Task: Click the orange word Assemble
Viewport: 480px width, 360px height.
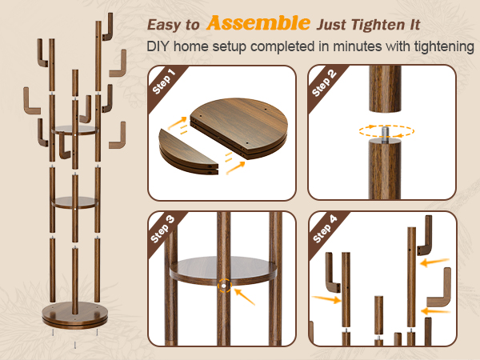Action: [258, 23]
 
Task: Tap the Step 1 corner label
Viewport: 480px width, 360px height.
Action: [164, 82]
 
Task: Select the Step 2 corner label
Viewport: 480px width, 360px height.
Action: [324, 82]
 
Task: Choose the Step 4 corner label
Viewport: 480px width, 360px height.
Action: [325, 229]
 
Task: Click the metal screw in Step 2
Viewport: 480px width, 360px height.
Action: [386, 134]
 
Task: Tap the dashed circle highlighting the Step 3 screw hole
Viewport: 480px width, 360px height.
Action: [224, 286]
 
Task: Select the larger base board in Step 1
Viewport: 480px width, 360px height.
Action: [238, 128]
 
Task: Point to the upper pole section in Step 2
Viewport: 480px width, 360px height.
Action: [385, 89]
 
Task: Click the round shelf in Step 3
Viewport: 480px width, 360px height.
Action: [223, 270]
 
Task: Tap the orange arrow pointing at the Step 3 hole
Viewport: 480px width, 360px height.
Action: [245, 297]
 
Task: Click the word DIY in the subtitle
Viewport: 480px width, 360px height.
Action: [158, 46]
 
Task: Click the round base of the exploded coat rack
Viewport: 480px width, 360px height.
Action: [75, 315]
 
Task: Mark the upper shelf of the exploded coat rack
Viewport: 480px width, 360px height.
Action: [75, 130]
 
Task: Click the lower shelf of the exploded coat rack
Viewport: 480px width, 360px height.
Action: [75, 202]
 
